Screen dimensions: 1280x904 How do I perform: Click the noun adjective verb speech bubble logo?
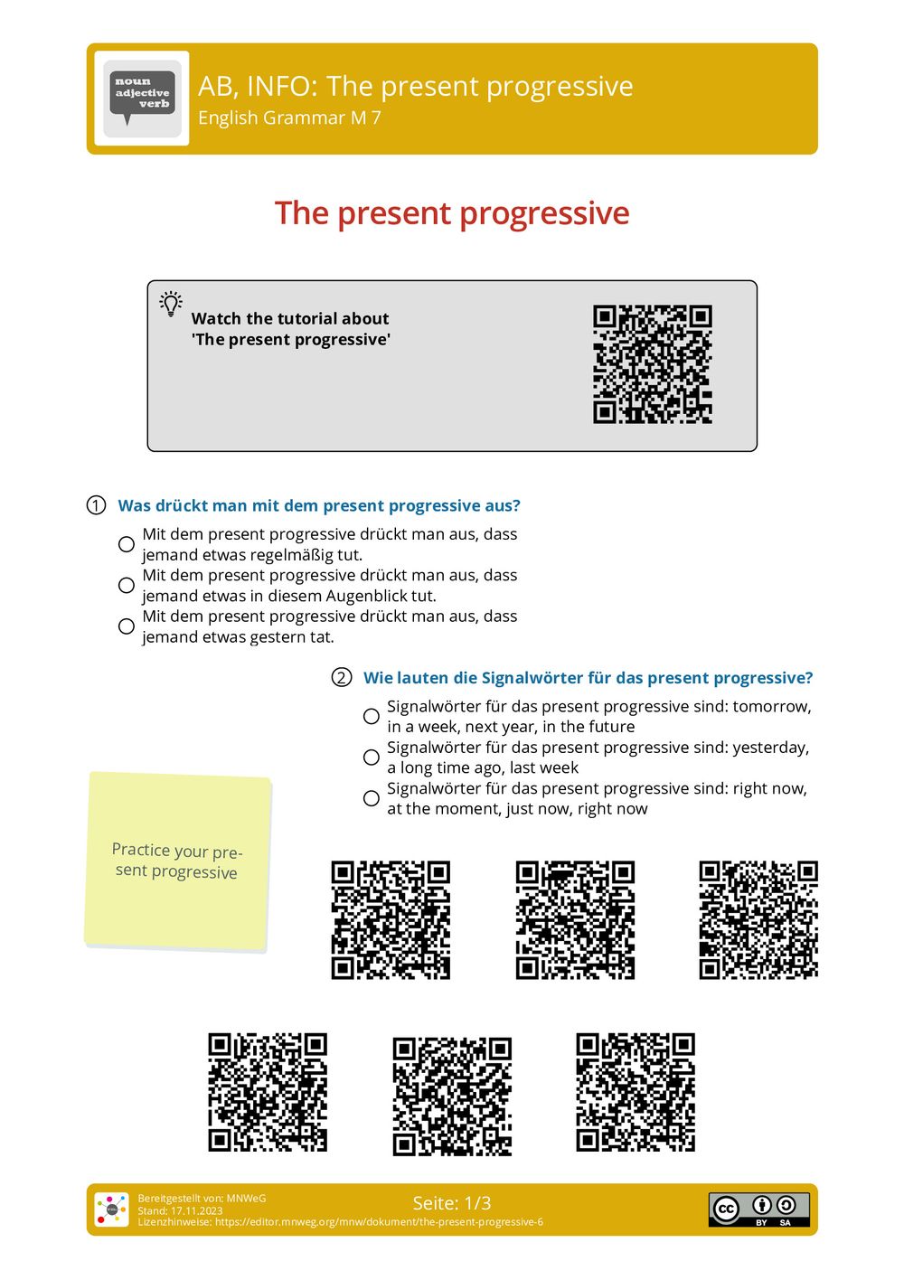coord(142,98)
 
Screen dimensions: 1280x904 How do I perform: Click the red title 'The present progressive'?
coord(452,213)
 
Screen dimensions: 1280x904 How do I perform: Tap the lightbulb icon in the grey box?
coord(171,304)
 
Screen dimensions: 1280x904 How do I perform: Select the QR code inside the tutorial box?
coord(652,364)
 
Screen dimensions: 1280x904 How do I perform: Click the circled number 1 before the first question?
coord(97,505)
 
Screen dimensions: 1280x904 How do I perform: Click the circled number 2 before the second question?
coord(342,678)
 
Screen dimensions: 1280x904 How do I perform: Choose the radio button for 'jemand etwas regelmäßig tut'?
coord(127,544)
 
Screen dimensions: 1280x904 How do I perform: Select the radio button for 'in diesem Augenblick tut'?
coord(127,586)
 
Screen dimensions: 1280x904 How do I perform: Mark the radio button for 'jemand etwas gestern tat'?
coord(127,626)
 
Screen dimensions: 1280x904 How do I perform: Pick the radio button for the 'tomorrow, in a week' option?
coord(372,716)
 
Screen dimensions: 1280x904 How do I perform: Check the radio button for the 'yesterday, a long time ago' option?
coord(372,758)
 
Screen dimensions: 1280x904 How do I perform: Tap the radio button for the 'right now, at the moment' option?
coord(372,798)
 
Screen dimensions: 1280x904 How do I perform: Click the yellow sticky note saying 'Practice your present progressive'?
coord(177,861)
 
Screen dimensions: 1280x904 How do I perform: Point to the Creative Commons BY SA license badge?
coord(758,1209)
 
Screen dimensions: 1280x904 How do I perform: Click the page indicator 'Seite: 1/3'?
coord(452,1203)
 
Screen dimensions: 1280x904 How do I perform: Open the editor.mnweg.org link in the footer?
coord(379,1222)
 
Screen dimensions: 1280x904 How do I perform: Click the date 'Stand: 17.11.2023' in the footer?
coord(180,1210)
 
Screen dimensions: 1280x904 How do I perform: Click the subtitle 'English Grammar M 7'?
coord(289,118)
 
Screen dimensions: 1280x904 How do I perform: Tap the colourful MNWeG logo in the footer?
coord(112,1209)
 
